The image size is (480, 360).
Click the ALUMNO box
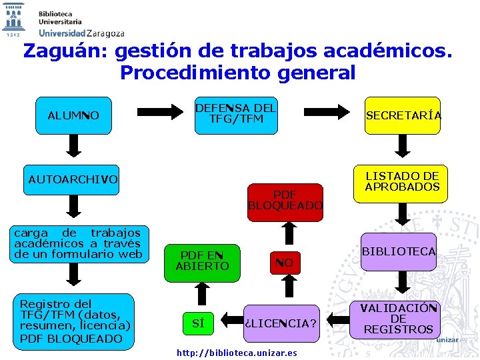(73, 116)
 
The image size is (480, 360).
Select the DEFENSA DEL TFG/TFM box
(236, 115)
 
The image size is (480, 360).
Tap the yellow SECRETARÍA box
(403, 115)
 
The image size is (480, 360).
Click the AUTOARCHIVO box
(72, 179)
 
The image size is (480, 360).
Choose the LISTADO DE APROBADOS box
(403, 182)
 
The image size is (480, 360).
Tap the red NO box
(285, 263)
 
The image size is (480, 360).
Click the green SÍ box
(198, 324)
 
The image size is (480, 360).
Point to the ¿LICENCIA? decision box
(280, 324)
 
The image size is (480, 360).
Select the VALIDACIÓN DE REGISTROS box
(399, 319)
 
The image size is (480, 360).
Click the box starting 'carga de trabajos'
(78, 243)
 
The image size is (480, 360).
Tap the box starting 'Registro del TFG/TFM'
(75, 321)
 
